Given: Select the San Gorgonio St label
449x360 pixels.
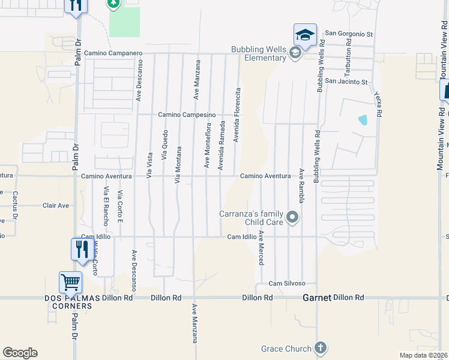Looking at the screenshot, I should pyautogui.click(x=349, y=34).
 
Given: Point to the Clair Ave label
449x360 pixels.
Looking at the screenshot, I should pyautogui.click(x=56, y=206).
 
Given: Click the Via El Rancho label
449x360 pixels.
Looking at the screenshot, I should pyautogui.click(x=106, y=206).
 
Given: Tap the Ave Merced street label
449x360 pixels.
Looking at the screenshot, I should pyautogui.click(x=261, y=248).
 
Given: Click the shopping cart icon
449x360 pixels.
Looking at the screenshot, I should pyautogui.click(x=70, y=282).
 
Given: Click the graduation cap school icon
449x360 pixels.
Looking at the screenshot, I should pyautogui.click(x=304, y=34).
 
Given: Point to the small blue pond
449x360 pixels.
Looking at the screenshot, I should pyautogui.click(x=363, y=119).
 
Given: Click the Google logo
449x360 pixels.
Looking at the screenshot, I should pyautogui.click(x=20, y=353).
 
